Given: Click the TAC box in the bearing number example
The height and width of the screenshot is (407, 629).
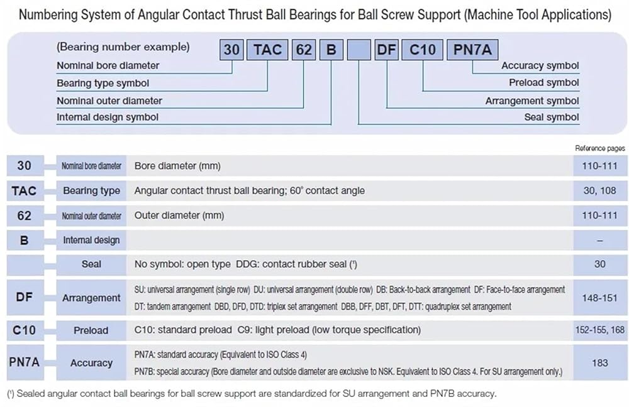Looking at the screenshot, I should [268, 49].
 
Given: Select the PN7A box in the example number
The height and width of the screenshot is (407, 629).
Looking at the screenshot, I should [472, 49].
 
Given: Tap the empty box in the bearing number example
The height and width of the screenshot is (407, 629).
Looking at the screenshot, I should [358, 49].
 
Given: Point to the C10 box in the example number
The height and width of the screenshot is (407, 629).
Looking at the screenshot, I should [422, 49].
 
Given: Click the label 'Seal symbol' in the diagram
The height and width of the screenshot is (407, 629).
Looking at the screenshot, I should [552, 117].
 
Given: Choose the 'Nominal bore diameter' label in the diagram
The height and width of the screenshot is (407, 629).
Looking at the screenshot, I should [108, 65].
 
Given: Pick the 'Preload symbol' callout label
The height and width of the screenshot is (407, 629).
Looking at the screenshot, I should [544, 83].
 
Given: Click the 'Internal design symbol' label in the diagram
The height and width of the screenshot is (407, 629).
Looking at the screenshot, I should [108, 117].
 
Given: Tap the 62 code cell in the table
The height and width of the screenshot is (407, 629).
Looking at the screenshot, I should [25, 215].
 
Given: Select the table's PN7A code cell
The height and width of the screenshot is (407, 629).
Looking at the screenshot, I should [25, 362].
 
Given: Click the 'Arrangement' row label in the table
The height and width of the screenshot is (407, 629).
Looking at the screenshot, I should [91, 298].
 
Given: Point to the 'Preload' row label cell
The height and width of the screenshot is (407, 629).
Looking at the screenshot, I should [91, 330].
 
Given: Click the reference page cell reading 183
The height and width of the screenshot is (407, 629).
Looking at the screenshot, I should [599, 362].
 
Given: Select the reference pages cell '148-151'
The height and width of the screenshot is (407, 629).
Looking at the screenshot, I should [599, 298].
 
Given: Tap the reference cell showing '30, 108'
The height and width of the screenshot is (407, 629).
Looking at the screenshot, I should [599, 190].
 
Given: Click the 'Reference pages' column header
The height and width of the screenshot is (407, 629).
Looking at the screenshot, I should [600, 148].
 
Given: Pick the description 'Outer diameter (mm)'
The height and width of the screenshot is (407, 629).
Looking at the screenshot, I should [179, 215].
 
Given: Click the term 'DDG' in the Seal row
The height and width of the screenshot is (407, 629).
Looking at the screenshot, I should [247, 264].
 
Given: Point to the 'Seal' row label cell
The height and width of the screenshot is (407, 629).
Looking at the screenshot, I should [91, 264].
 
